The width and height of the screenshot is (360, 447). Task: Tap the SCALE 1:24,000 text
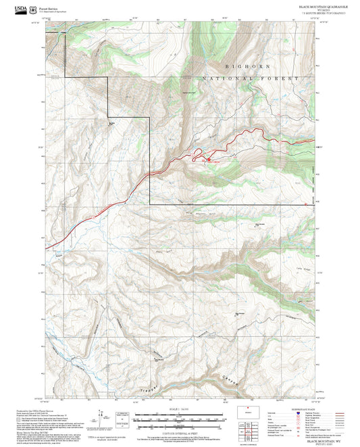coord(180,409)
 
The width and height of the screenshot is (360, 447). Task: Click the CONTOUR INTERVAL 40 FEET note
coord(180,430)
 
